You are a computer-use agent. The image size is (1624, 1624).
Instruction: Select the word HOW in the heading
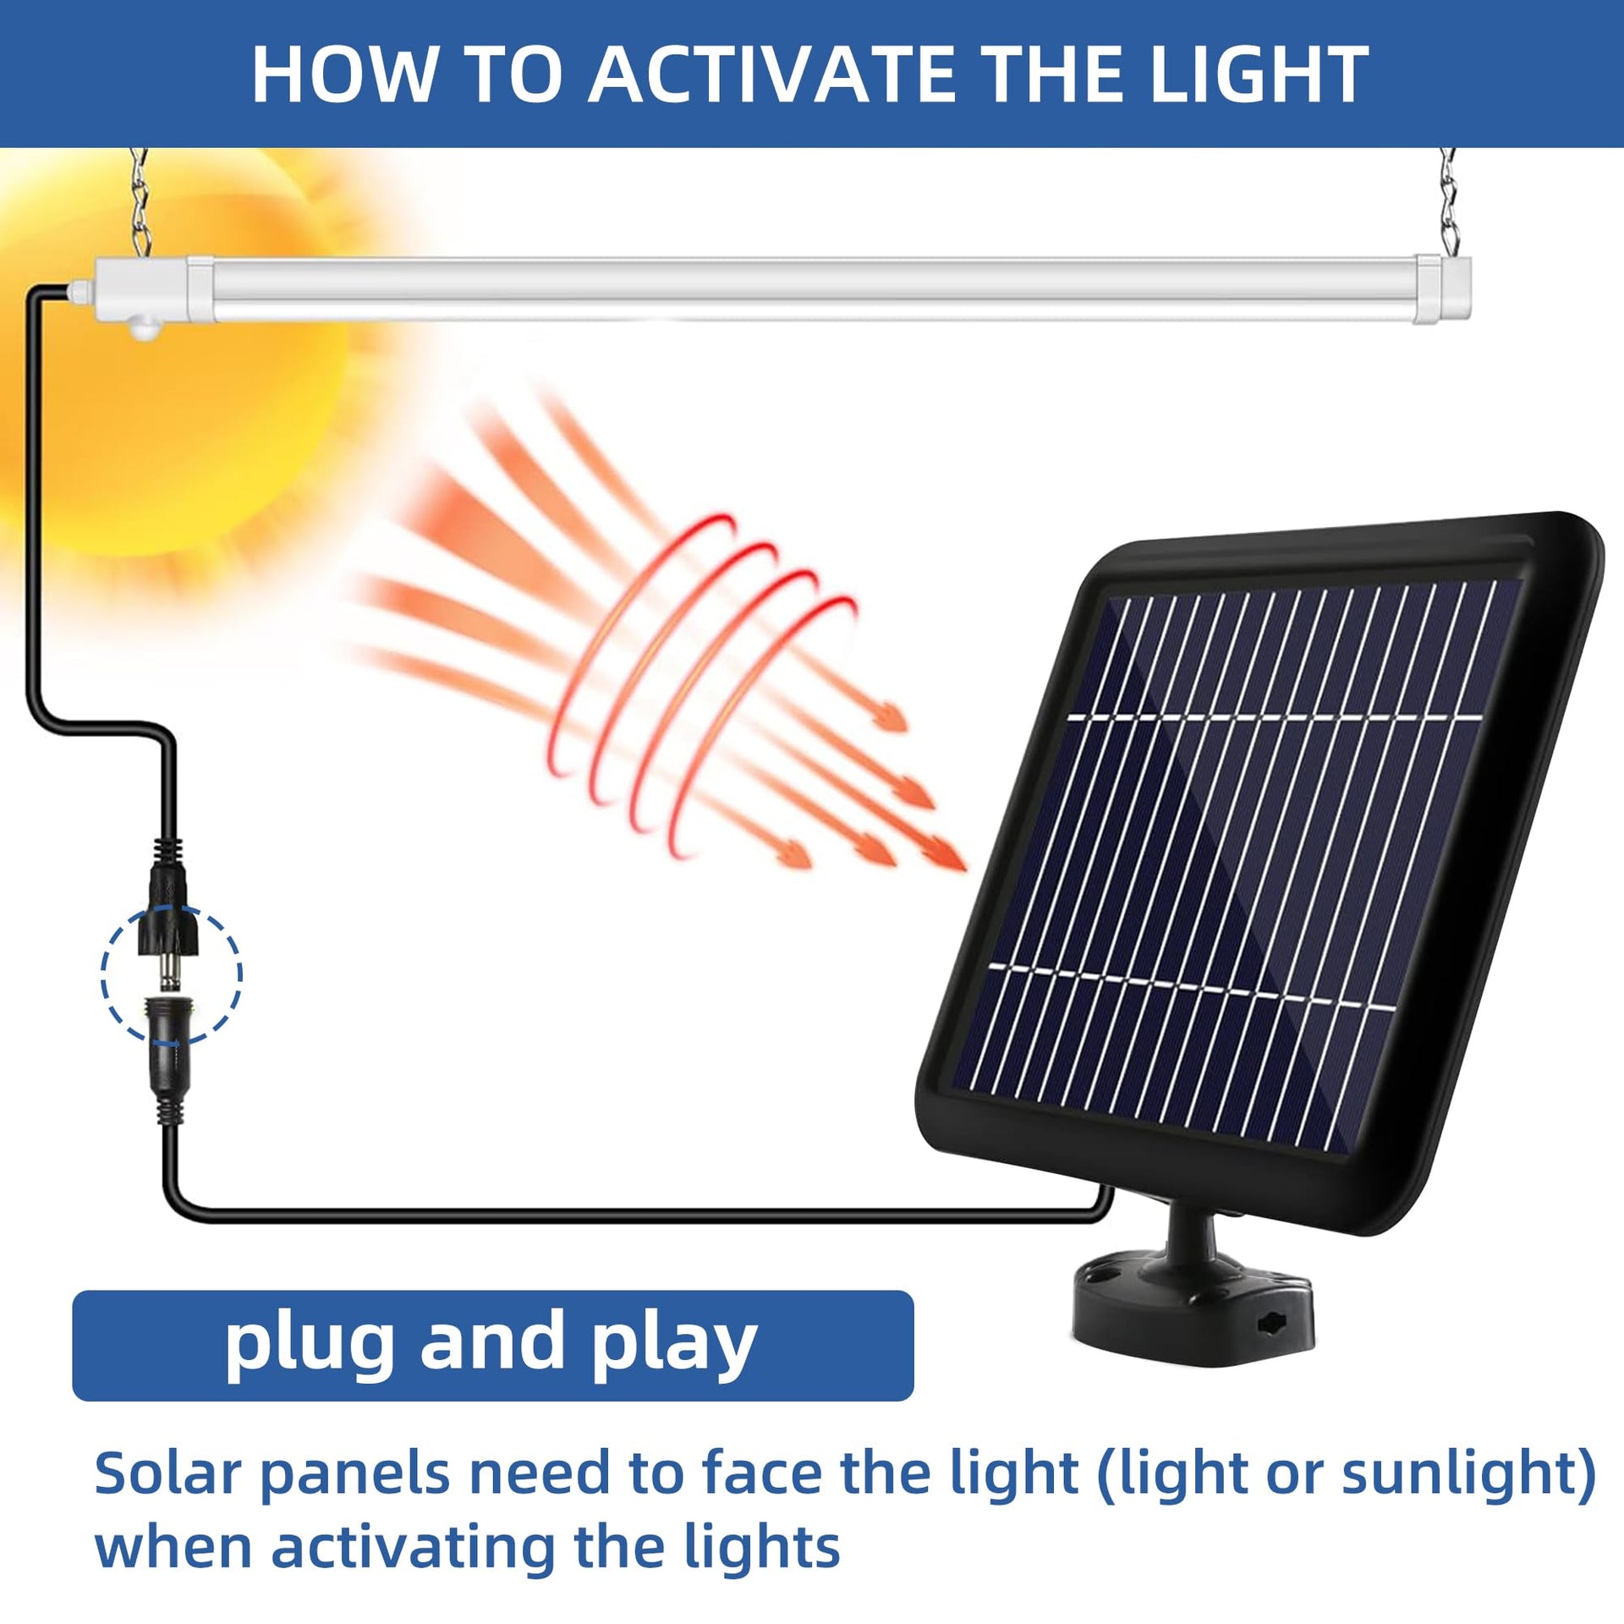pos(343,74)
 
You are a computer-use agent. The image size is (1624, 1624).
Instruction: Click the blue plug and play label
pos(492,1344)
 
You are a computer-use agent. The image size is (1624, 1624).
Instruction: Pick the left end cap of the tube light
pos(144,293)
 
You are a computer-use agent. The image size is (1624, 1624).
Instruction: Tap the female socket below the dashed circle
pos(172,1057)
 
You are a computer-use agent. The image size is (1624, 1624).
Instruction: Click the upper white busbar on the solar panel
pos(1275,718)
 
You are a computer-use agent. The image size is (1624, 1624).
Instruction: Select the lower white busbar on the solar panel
pos(1191,986)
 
